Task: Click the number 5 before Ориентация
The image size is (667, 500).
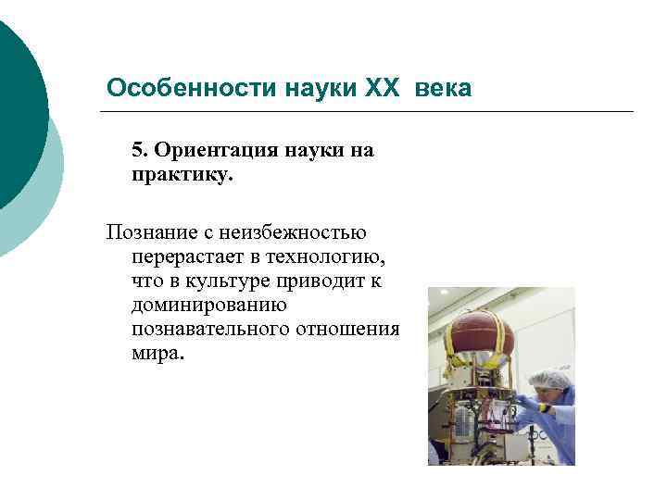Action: pyautogui.click(x=138, y=150)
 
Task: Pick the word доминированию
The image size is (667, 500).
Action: pyautogui.click(x=208, y=305)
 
